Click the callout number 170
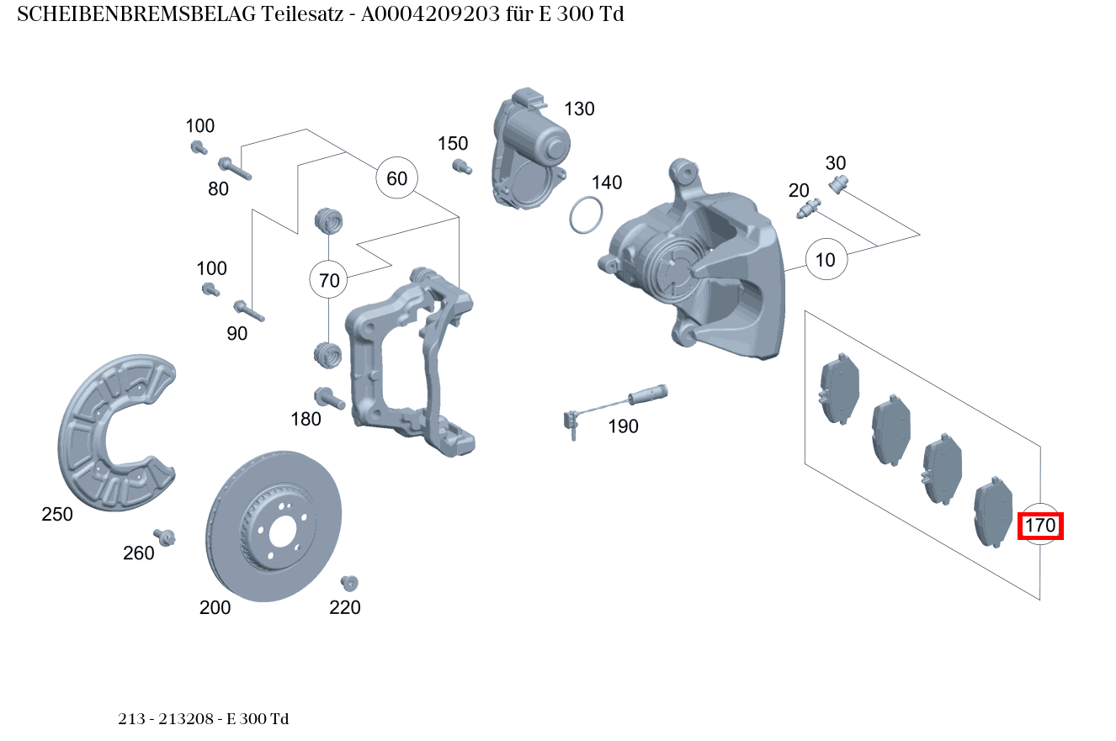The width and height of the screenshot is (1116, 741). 1040,527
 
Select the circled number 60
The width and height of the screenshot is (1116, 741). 396,178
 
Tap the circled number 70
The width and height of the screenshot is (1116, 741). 330,280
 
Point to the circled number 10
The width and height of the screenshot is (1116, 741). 826,260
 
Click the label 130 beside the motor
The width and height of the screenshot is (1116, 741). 579,109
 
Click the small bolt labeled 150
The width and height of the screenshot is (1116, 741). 460,166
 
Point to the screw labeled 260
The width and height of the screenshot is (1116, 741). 165,537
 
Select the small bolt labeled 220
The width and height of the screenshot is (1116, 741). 349,582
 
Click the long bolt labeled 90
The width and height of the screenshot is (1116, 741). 249,310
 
